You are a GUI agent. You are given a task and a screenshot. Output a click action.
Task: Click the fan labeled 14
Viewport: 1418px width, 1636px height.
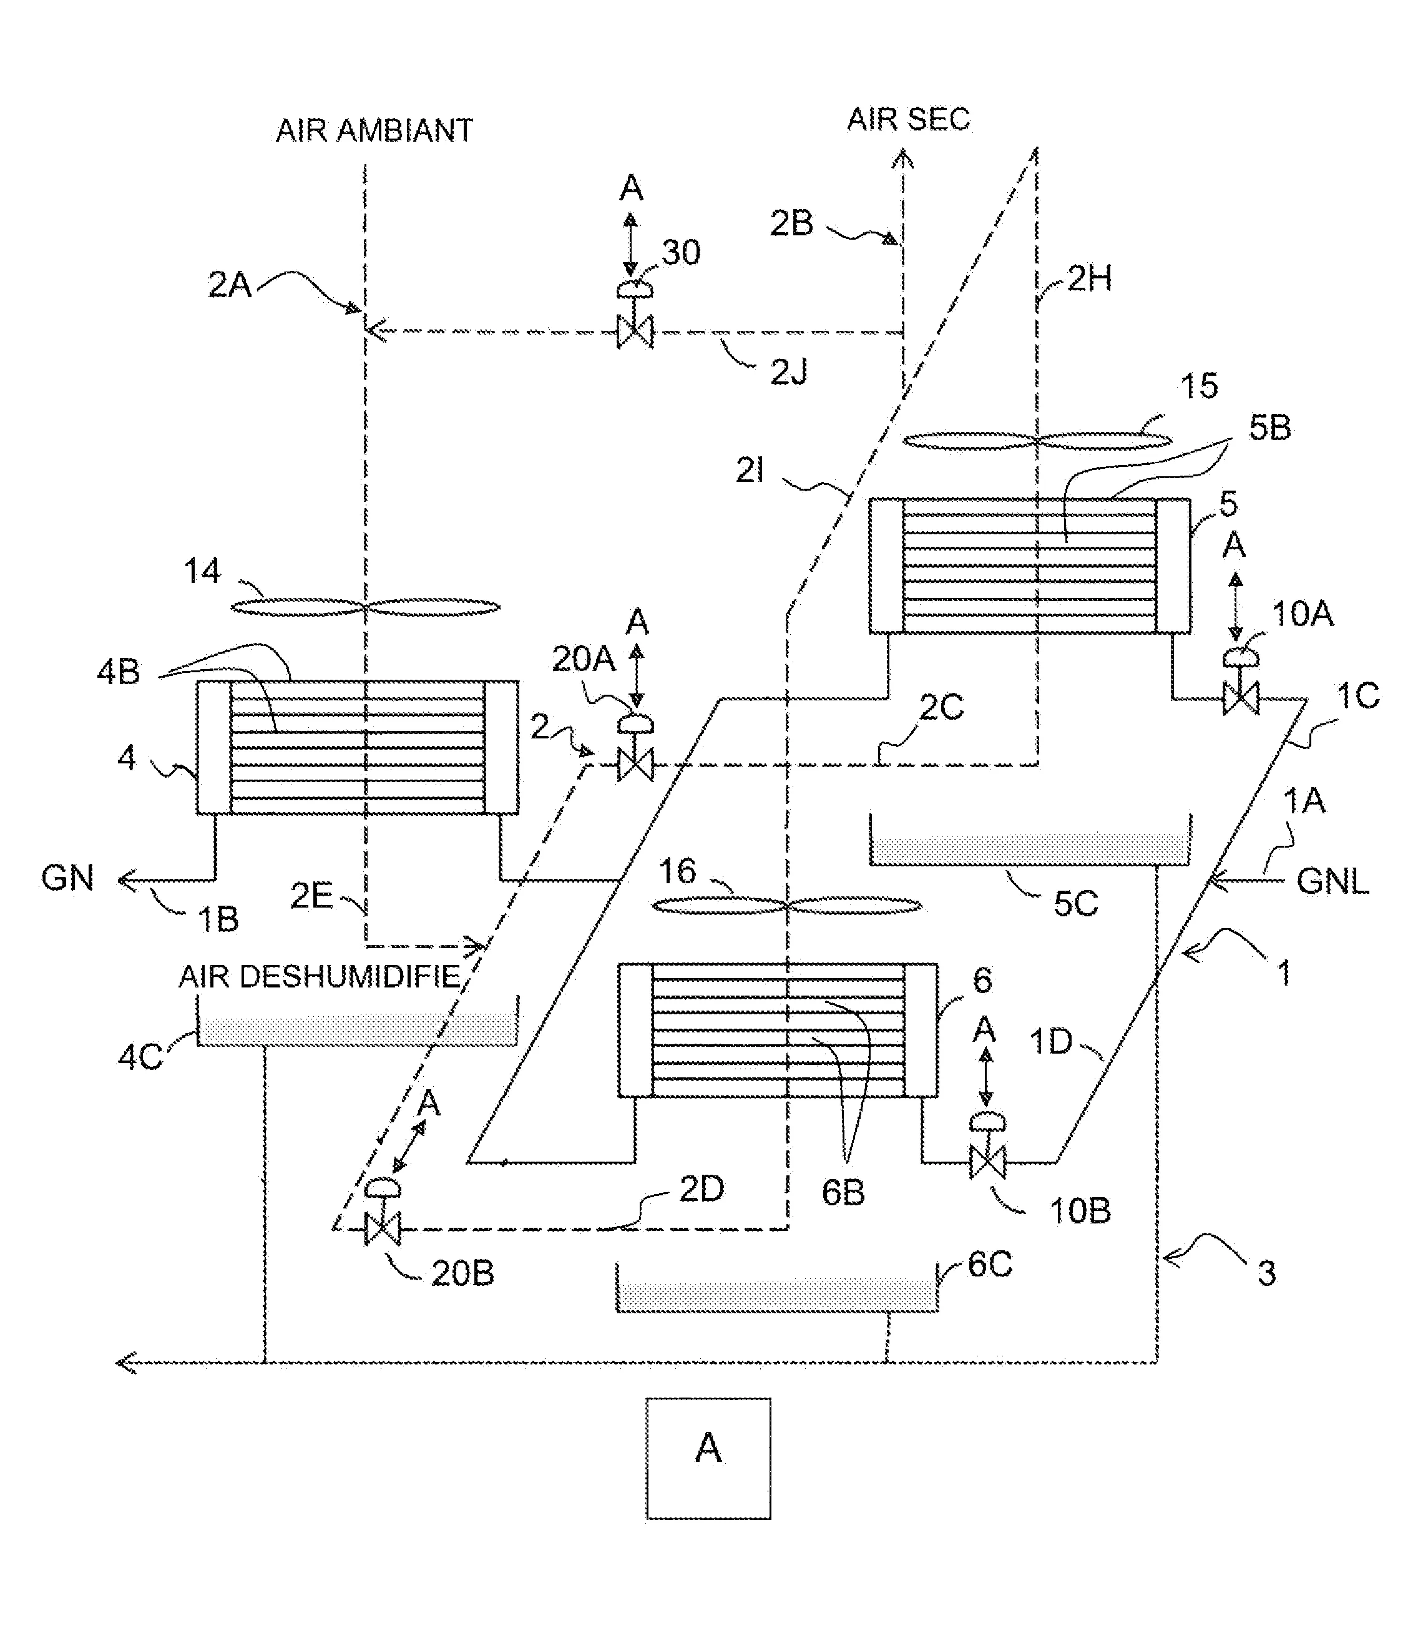(364, 608)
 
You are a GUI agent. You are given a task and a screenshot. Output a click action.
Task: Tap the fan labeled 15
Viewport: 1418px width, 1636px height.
(1036, 441)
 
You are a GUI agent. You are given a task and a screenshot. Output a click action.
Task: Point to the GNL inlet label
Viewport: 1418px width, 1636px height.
(1332, 881)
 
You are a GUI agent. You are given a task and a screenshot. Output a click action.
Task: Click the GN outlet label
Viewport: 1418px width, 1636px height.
(67, 879)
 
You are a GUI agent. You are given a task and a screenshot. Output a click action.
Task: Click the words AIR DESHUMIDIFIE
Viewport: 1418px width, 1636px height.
(319, 977)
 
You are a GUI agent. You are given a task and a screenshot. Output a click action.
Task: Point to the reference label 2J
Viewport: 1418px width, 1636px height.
(789, 372)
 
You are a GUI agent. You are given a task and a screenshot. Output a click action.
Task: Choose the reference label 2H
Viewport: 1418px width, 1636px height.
(1090, 278)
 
